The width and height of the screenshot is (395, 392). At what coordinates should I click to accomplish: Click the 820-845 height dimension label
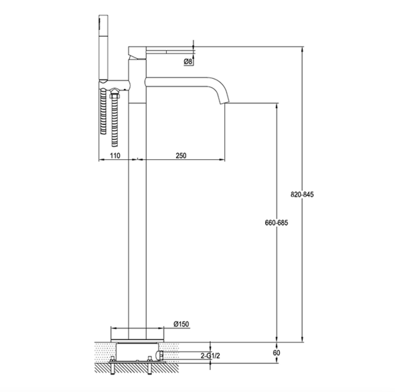coord(302,195)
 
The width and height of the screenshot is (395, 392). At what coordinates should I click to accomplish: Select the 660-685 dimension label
coord(276,223)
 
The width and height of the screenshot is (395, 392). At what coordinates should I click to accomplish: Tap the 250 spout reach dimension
coord(181,156)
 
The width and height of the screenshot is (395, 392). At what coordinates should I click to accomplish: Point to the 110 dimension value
coord(115,156)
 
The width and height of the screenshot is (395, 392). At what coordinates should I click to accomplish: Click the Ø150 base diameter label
coord(181,324)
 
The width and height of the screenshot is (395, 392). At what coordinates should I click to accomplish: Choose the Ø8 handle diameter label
coord(188,61)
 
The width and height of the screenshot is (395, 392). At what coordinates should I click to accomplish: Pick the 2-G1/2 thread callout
coord(210,356)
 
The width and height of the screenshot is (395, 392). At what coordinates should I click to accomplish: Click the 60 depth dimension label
coord(276,353)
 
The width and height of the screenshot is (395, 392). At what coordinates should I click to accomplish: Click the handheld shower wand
coord(103,48)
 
